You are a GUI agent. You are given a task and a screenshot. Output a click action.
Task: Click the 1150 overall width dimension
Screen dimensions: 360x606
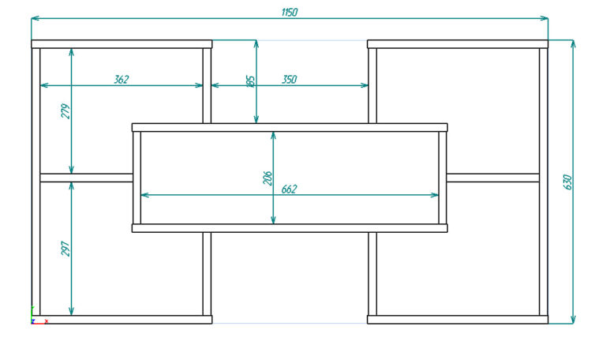coord(290,13)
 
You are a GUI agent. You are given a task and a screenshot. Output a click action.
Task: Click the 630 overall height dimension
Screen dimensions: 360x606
coord(567,181)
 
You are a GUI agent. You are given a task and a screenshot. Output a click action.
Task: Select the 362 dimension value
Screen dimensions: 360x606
coord(121,79)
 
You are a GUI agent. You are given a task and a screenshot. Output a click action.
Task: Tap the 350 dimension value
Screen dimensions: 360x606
coord(289,79)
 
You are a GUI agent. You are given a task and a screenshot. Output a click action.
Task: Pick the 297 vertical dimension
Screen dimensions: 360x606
coord(65,248)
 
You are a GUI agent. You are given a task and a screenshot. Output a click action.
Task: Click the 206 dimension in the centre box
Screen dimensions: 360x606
coord(267,178)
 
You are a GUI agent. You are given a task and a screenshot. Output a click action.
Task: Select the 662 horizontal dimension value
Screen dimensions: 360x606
coord(289,189)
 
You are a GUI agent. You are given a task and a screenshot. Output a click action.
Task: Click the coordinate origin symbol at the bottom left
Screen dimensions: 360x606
coord(33,319)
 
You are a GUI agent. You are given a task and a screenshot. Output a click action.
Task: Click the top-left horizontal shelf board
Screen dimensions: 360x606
coord(122,44)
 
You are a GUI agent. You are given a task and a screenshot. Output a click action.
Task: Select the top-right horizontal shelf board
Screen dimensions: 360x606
coord(458,44)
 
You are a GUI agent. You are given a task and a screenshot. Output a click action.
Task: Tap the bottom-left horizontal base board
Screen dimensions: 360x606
coord(122,320)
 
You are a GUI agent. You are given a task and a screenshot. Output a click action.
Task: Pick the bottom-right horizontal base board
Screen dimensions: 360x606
coord(458,320)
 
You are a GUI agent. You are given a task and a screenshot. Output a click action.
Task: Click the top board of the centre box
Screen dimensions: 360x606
coord(290,127)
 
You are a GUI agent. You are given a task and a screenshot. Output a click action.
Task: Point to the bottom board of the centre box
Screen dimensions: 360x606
coord(290,228)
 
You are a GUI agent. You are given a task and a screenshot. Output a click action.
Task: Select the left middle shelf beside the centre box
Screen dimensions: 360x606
coord(86,178)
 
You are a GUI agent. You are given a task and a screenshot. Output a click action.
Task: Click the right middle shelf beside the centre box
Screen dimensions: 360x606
coord(493,178)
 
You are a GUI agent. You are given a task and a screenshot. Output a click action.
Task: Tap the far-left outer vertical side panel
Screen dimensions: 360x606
coord(36,182)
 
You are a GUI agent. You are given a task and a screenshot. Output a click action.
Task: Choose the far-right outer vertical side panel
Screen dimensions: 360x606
coord(544,182)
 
